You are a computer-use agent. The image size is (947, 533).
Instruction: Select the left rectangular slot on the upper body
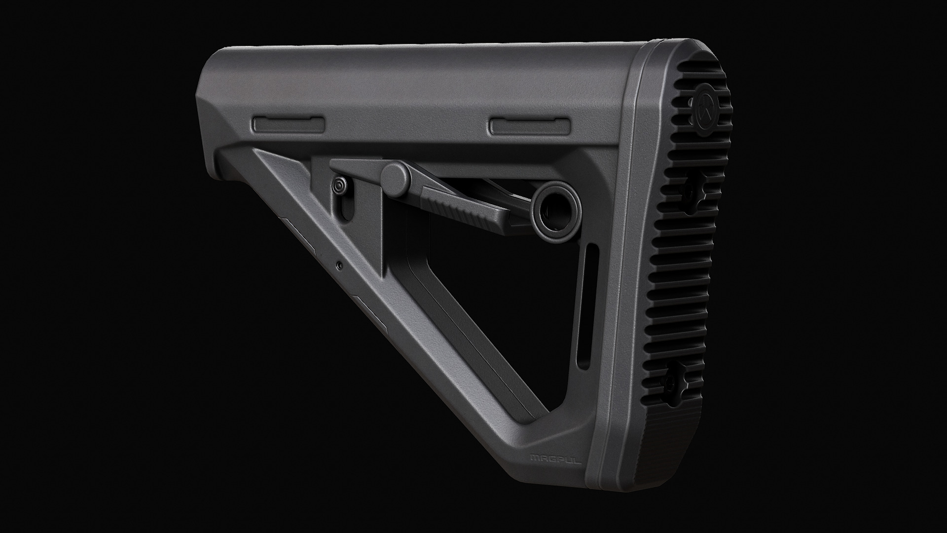[289, 125]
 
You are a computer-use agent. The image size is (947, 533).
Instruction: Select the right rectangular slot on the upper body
[530, 126]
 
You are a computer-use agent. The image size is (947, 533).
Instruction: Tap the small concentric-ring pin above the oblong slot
[339, 187]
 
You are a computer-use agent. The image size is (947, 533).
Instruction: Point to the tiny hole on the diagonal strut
[338, 265]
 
